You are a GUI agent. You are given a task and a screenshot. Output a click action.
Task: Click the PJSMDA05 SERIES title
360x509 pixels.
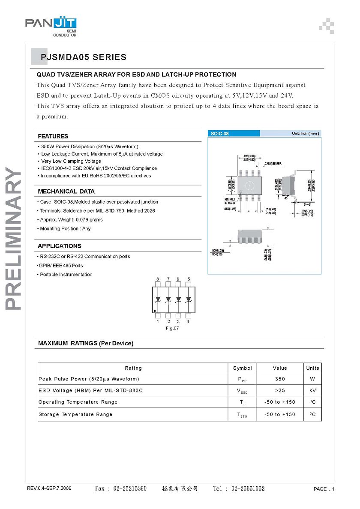click(x=84, y=57)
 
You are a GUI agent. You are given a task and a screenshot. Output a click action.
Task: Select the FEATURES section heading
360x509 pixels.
click(x=53, y=136)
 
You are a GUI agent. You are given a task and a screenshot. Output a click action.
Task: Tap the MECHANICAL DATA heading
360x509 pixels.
click(x=66, y=192)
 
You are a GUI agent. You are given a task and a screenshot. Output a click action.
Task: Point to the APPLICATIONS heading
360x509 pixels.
click(x=59, y=246)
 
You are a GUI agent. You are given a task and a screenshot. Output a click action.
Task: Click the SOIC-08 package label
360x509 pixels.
click(x=220, y=134)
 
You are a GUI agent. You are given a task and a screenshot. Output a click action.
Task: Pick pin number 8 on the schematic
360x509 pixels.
click(x=158, y=279)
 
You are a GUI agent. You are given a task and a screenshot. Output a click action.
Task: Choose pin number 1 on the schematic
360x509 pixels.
click(x=158, y=321)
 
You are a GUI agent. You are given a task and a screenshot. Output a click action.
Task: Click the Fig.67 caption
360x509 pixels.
click(x=172, y=328)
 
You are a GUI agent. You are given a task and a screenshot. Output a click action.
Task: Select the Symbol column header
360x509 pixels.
click(x=243, y=368)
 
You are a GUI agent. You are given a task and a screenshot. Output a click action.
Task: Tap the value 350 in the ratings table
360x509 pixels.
click(x=280, y=379)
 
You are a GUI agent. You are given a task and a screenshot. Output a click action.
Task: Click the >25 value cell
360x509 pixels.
click(x=280, y=391)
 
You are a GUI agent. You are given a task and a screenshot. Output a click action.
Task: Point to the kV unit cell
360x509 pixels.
click(x=312, y=391)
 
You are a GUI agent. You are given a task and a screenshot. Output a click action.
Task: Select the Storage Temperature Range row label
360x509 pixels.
click(x=75, y=414)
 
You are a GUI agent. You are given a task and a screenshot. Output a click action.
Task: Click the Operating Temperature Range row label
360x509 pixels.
click(x=78, y=402)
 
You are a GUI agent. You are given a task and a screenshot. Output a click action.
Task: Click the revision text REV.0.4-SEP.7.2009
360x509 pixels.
click(x=49, y=489)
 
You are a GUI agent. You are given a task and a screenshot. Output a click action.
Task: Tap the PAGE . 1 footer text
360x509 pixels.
click(x=324, y=489)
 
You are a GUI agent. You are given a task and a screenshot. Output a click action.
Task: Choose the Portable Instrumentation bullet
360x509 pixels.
click(x=66, y=275)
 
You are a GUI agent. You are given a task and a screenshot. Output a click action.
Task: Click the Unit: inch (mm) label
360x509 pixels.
click(x=305, y=134)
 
